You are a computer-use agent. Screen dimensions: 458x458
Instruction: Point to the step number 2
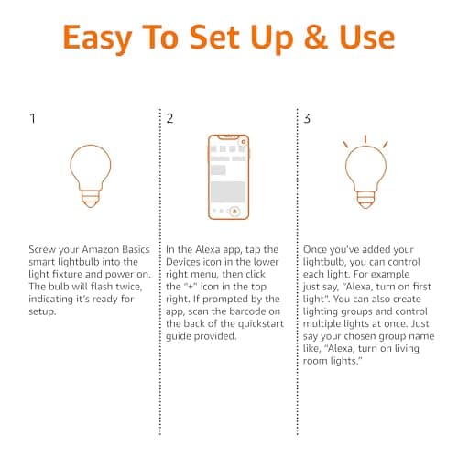point(170,119)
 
